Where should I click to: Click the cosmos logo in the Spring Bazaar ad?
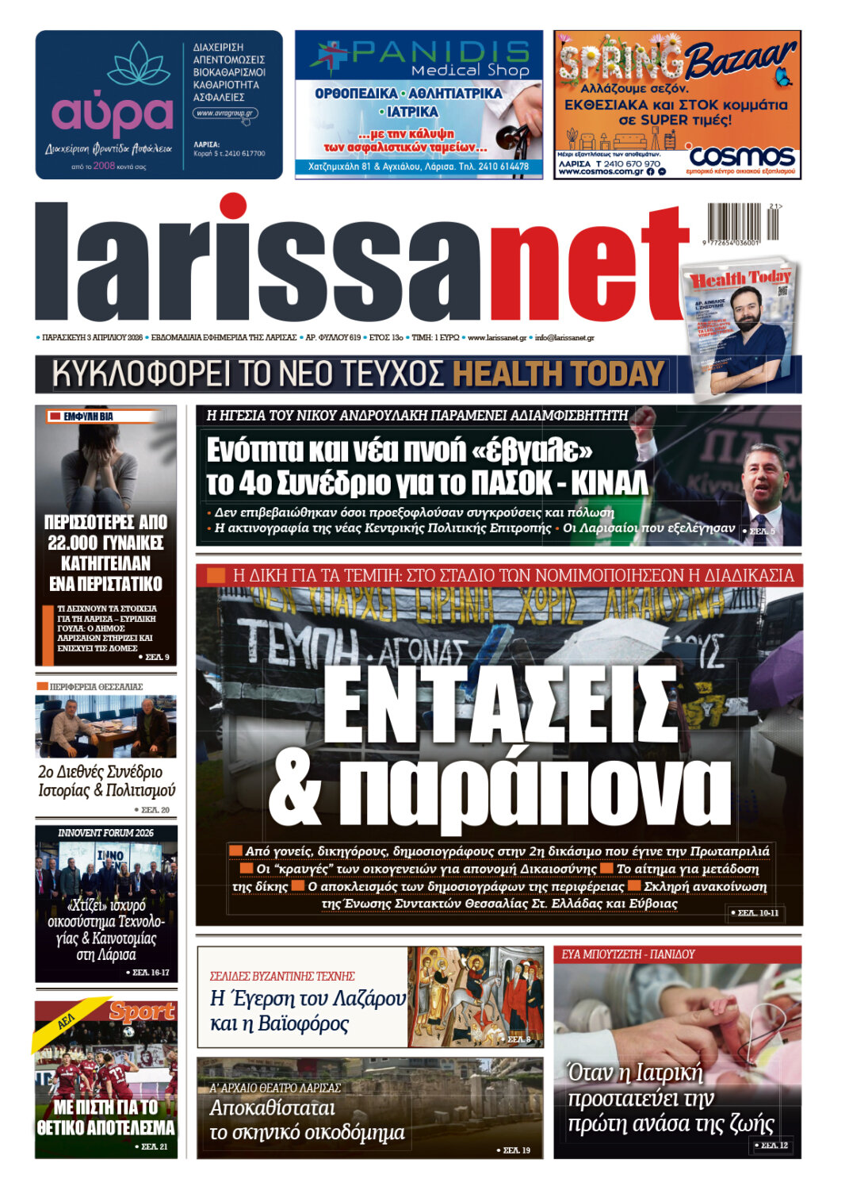click(741, 155)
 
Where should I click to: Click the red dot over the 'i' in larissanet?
click(232, 206)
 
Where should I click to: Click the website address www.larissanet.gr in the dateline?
click(496, 338)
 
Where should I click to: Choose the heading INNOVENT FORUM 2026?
click(105, 833)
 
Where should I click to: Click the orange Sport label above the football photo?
click(142, 1011)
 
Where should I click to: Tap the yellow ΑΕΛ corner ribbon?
click(67, 1021)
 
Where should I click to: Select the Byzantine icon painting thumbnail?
click(475, 996)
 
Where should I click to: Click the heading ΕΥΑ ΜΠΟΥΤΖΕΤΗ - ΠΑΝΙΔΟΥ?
click(628, 954)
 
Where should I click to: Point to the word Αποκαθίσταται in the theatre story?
click(272, 1108)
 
